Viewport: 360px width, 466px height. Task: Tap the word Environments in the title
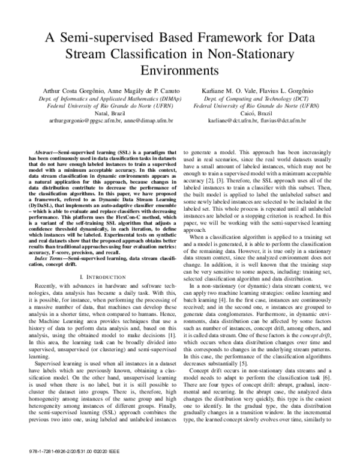pos(180,70)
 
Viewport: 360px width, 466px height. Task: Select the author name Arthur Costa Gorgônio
pos(75,90)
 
